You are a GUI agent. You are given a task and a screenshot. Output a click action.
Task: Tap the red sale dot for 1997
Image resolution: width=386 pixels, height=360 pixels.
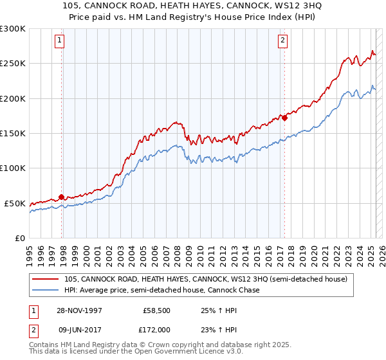(x=62, y=197)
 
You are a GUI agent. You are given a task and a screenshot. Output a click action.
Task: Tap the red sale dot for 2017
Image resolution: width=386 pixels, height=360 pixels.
(x=284, y=118)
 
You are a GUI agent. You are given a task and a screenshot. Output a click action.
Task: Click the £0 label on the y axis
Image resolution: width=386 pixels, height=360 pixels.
(x=19, y=238)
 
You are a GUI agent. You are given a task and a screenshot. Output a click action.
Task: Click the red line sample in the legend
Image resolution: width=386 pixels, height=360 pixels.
(x=46, y=279)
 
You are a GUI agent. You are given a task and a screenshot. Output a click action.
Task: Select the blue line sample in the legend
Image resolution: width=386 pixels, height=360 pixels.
(x=46, y=290)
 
